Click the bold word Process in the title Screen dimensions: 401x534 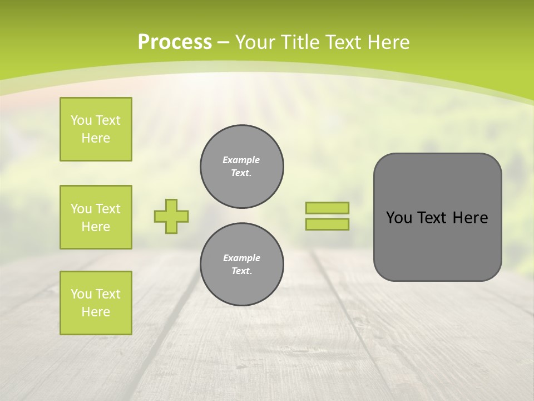coord(175,42)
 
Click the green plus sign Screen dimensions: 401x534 coord(171,216)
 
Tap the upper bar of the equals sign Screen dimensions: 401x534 coord(327,208)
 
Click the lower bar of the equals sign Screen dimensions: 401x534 coord(327,224)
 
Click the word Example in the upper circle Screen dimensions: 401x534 coord(241,160)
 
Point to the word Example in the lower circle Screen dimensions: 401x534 coord(241,258)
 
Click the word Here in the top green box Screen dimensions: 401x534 coord(96,138)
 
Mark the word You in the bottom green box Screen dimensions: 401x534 coord(81,294)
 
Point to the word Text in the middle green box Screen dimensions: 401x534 coord(108,209)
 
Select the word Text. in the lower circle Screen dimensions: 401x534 coord(241,271)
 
